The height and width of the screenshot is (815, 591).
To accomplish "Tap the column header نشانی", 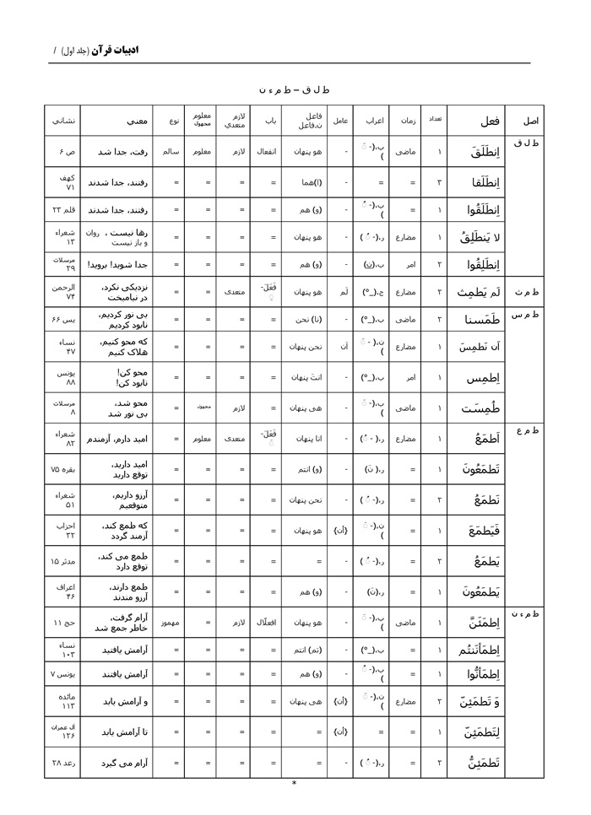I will [62, 121].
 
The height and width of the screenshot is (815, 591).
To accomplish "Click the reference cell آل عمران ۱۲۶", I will [65, 731].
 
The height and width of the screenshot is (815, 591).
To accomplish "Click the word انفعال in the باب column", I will [267, 152].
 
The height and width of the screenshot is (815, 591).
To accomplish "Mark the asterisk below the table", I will [294, 784].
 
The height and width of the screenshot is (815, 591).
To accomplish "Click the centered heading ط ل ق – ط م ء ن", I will [294, 89].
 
